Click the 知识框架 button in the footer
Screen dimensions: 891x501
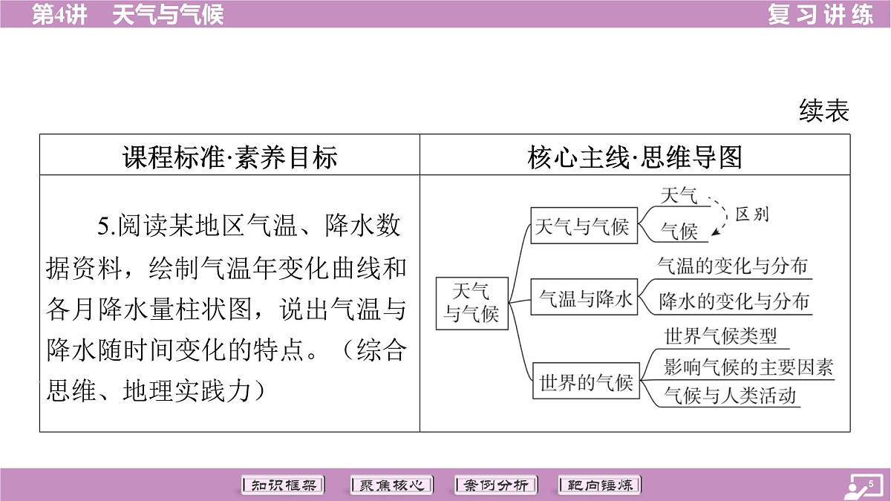[283, 485]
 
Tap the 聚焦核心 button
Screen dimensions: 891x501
[391, 485]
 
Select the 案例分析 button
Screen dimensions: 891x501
[496, 485]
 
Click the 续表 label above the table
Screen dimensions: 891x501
[823, 111]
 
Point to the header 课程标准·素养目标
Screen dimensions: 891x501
[230, 157]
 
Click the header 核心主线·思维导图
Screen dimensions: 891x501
[635, 157]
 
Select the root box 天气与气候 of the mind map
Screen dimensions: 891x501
[471, 304]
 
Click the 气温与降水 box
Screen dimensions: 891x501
[584, 297]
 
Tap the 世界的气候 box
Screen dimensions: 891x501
[586, 381]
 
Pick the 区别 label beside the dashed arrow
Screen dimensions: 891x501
[751, 215]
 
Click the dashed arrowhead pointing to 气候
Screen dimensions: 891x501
[715, 232]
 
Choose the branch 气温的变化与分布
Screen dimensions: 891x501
[732, 266]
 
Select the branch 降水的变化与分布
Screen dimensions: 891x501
[734, 301]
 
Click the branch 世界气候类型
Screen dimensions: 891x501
[720, 336]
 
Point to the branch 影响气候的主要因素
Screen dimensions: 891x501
[748, 367]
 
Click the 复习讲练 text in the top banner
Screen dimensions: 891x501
[820, 15]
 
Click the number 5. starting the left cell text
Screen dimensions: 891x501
[107, 226]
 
